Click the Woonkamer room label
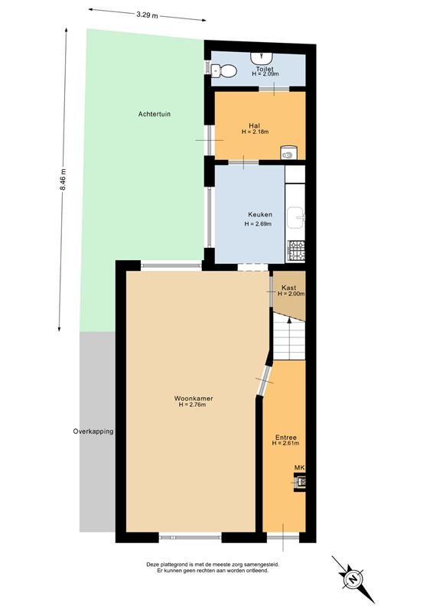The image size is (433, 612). tap(194, 399)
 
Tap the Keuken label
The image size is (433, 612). tap(260, 215)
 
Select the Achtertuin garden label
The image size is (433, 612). tap(155, 114)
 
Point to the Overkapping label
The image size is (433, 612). tap(93, 431)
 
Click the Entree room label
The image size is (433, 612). tap(286, 438)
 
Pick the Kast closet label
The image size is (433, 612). tap(288, 288)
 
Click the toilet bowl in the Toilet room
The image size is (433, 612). tap(224, 71)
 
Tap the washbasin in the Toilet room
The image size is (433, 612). tap(261, 59)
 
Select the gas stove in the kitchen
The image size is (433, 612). tap(296, 250)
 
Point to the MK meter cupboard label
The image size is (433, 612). tap(299, 467)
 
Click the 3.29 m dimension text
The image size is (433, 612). tap(147, 15)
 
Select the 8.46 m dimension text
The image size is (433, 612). tap(63, 180)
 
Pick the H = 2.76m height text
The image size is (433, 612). tap(192, 405)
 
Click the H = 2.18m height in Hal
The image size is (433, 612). tap(255, 132)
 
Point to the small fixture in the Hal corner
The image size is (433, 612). tap(288, 152)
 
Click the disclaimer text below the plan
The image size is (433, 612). tap(213, 567)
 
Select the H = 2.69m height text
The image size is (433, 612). tap(258, 224)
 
